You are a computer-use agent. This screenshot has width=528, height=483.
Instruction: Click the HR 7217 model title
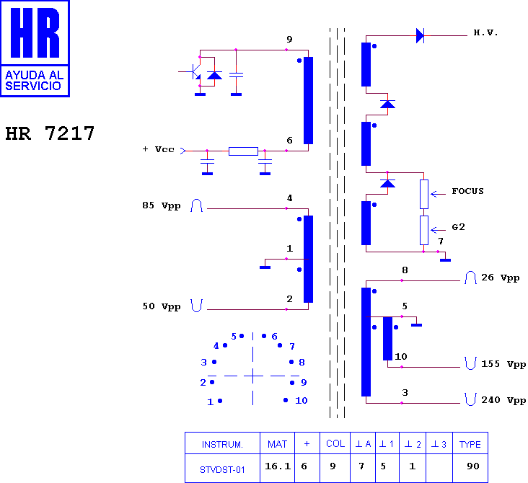pos(50,133)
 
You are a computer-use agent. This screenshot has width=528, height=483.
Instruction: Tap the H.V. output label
pos(485,32)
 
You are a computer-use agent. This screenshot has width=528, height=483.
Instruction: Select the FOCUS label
pos(467,191)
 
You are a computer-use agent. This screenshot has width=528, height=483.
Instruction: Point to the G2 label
pos(458,227)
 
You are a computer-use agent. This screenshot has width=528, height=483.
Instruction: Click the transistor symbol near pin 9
pos(195,71)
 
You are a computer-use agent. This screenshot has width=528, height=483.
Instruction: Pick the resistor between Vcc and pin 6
pos(243,151)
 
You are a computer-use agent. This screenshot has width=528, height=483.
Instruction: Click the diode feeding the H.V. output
pos(420,35)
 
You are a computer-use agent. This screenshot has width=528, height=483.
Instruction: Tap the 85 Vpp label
pos(162,205)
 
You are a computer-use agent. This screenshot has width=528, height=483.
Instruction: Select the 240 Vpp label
pos(503,400)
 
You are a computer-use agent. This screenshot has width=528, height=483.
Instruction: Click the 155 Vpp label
pos(503,364)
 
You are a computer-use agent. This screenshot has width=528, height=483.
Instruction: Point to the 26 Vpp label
pos(500,278)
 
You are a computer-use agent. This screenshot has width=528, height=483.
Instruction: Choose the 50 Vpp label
pos(162,306)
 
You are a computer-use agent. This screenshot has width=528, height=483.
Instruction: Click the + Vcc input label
pos(158,149)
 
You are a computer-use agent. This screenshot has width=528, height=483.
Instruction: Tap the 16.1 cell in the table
pos(278,466)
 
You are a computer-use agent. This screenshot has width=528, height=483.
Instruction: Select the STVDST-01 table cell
pos(222,469)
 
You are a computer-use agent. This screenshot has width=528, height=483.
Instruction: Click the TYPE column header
pos(470,444)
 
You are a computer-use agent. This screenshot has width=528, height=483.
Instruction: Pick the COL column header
pos(335,443)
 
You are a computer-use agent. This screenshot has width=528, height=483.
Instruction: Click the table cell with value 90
pos(472,466)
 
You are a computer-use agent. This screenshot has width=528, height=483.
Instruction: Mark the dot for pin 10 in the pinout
pos(286,400)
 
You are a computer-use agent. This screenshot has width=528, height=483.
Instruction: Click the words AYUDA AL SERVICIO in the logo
pos(35,81)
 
